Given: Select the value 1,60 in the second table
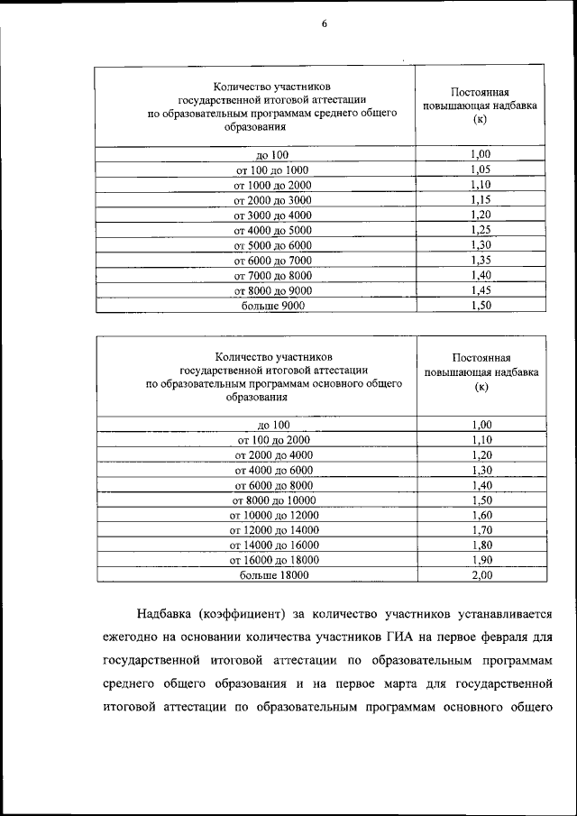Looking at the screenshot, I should click(482, 514).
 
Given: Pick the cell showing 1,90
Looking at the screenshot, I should click(482, 559).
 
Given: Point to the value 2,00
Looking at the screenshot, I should click(482, 574).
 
